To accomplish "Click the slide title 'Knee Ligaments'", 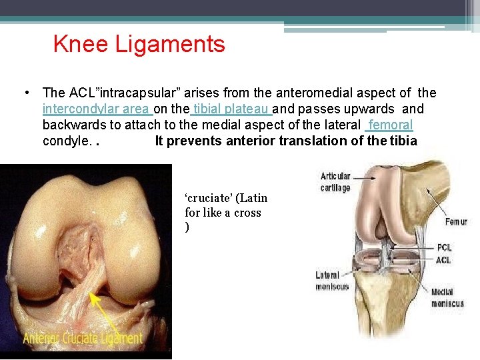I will pyautogui.click(x=139, y=45).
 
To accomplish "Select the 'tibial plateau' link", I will pyautogui.click(x=231, y=109).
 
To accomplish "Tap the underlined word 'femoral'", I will pyautogui.click(x=390, y=125).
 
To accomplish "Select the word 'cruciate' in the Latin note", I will pyautogui.click(x=209, y=198).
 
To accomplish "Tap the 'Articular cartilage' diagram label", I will pyautogui.click(x=335, y=182).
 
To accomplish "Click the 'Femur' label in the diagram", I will pyautogui.click(x=456, y=221).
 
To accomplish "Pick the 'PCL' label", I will pyautogui.click(x=445, y=248).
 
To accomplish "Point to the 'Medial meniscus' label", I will pyautogui.click(x=447, y=298).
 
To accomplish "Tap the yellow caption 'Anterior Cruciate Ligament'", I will pyautogui.click(x=83, y=338).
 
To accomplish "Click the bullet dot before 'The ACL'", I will pyautogui.click(x=25, y=93).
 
